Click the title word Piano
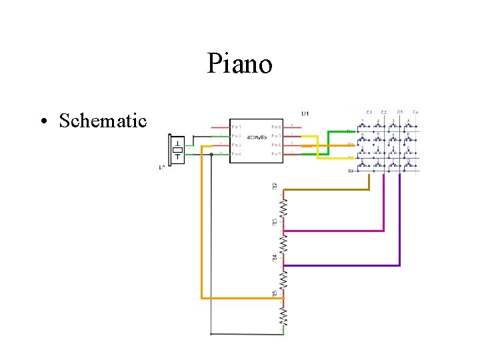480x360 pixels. pos(239,65)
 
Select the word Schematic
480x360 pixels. pos(102,121)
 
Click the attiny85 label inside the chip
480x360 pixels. pos(257,137)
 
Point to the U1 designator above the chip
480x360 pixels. pos(305,114)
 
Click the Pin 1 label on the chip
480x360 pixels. pos(237,127)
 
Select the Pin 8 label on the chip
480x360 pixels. pos(276,127)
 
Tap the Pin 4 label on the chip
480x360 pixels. pos(237,154)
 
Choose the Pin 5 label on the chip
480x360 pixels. pos(276,154)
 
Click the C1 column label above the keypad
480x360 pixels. pos(369,112)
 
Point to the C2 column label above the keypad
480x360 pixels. pos(384,112)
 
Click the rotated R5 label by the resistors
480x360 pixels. pos(275,293)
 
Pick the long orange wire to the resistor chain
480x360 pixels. pos(201,233)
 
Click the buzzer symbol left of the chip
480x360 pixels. pos(177,150)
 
